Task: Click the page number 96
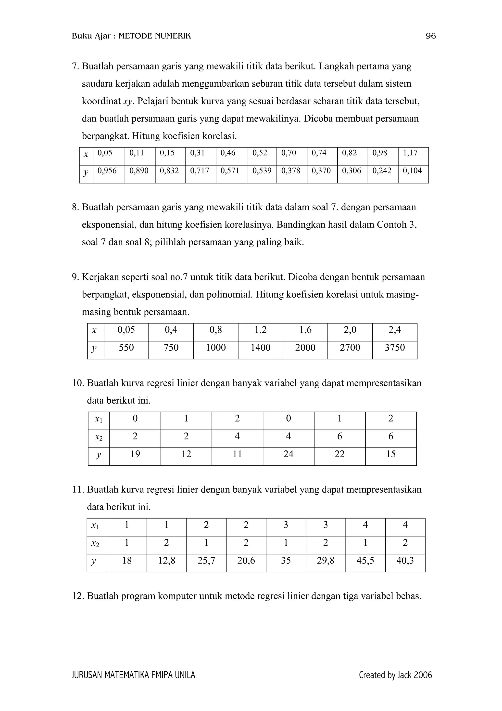431,36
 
